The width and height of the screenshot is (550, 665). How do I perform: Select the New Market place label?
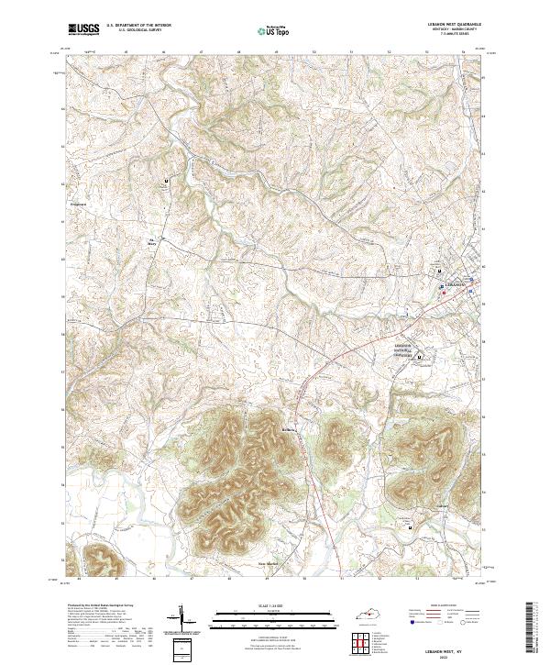267,563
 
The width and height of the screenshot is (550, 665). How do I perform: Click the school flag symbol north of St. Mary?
165,181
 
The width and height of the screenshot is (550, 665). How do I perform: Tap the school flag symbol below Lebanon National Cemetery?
420,356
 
